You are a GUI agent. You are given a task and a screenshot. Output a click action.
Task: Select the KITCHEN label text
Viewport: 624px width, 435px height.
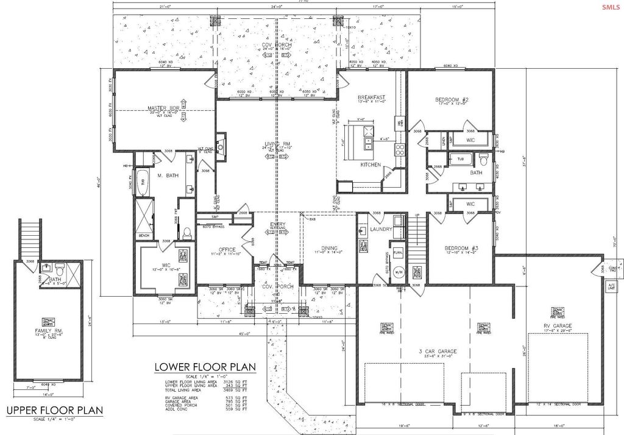coord(370,164)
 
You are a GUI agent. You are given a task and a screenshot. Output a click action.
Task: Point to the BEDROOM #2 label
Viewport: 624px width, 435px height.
coord(452,99)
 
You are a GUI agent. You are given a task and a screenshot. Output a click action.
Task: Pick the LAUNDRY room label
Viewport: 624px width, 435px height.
coord(380,230)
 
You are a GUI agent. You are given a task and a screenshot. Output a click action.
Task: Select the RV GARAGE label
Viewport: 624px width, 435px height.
coord(558,327)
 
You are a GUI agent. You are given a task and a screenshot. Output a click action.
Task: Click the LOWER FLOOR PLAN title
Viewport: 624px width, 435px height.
coord(205,367)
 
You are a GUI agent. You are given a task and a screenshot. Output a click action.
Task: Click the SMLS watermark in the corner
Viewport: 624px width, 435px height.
coord(610,7)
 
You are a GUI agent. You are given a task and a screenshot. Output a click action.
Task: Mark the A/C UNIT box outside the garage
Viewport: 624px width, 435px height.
coord(611,285)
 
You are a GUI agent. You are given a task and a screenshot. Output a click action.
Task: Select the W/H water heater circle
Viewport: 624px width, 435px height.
coord(400,272)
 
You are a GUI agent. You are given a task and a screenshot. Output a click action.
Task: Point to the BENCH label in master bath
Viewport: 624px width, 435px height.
coord(144,235)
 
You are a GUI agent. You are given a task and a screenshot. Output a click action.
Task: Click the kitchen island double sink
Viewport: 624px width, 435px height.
coord(369,143)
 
